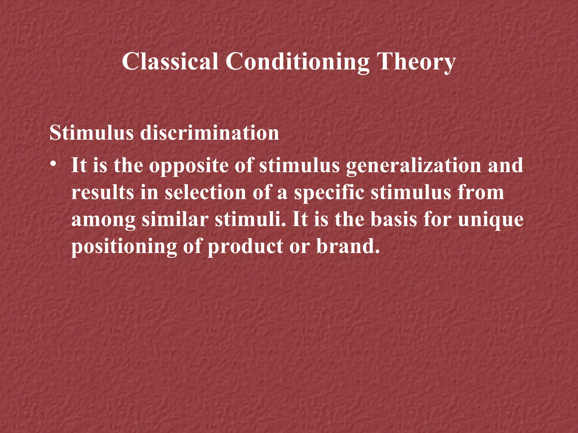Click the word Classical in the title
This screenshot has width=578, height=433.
[170, 61]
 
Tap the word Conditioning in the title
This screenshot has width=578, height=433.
[297, 62]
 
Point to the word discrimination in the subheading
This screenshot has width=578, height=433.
[209, 132]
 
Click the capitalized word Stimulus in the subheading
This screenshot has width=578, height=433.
[91, 132]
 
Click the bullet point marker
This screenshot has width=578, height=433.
[52, 164]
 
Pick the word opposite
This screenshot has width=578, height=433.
[189, 166]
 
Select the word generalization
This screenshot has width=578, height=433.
[413, 166]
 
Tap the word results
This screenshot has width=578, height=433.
[102, 193]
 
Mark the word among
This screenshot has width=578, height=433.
[104, 220]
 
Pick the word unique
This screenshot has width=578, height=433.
[491, 220]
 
